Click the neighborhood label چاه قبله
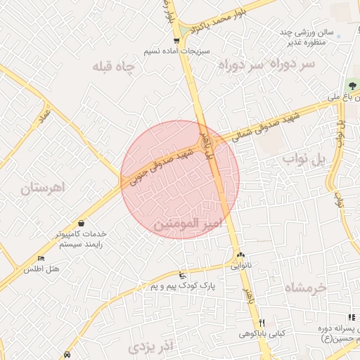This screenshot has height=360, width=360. tap(115, 66)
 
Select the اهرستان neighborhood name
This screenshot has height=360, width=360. tap(42, 188)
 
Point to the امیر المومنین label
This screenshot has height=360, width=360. tap(186, 224)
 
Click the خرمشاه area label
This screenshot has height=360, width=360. tap(307, 288)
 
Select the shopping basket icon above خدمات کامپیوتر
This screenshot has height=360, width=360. tap(82, 222)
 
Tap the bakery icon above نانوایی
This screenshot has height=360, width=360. tap(240, 255)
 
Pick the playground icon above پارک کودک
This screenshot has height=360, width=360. tap(184, 275)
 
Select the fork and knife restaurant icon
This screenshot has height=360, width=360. tap(262, 322)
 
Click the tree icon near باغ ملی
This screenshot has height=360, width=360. tap(352, 85)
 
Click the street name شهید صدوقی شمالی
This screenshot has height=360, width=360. tap(258, 124)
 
